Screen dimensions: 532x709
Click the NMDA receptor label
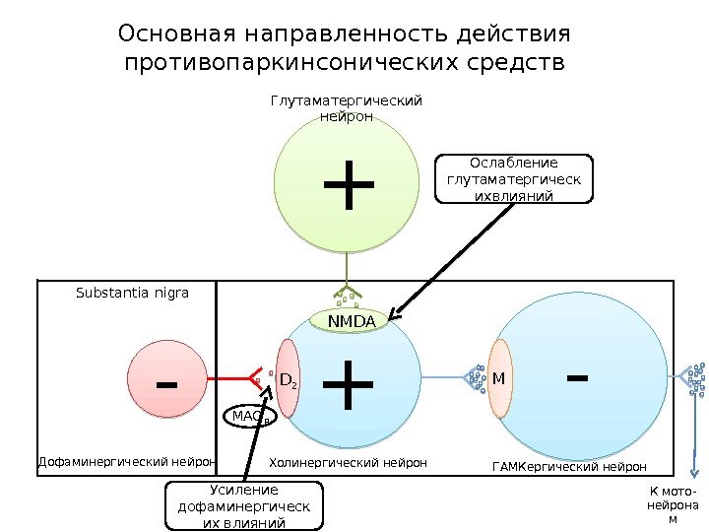pos(352,322)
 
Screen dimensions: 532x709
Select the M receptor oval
pos(499,378)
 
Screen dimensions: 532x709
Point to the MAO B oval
pos(251,418)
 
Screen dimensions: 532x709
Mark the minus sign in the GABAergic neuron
pos(578,376)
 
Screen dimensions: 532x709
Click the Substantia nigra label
pos(132,293)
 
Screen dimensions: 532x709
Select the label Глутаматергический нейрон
pos(346,108)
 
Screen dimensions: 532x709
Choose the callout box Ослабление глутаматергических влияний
pos(513,178)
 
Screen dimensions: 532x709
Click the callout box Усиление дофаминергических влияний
pos(242,506)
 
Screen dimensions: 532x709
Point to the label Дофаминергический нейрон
pos(126,461)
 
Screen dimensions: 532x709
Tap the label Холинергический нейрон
pos(348,461)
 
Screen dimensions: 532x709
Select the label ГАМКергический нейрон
pos(568,465)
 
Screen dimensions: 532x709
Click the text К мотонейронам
pos(673,505)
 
